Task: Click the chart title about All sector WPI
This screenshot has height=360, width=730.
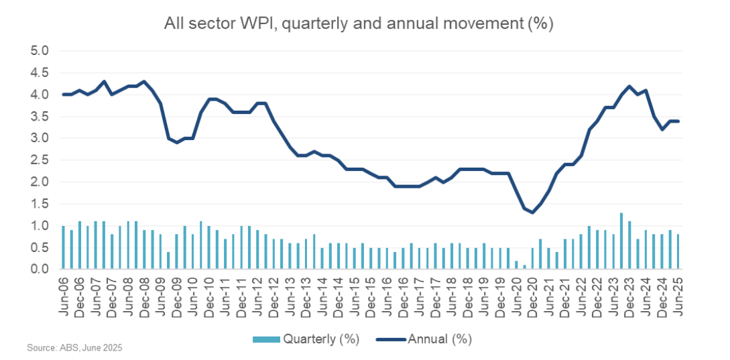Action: [x=359, y=24]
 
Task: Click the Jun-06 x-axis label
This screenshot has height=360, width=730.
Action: [x=63, y=296]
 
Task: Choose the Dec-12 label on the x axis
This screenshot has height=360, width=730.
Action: [x=274, y=296]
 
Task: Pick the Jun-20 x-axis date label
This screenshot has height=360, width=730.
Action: [x=517, y=296]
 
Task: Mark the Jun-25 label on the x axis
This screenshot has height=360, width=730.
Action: [x=678, y=296]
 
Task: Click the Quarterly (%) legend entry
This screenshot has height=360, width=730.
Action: [x=306, y=339]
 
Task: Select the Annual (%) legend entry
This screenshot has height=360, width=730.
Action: [x=424, y=339]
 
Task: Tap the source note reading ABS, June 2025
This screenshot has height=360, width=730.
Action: [x=74, y=348]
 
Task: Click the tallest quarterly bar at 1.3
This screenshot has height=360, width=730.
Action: [x=621, y=241]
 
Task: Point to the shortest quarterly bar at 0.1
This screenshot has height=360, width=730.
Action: [x=524, y=267]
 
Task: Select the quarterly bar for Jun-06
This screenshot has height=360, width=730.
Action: [x=63, y=247]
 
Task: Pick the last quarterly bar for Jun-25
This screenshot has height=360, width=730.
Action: [x=678, y=251]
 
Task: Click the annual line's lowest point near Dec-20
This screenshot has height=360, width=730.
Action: [x=532, y=213]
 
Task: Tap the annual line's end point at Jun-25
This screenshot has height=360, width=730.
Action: [x=678, y=121]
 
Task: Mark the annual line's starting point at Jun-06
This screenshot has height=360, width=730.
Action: [x=63, y=95]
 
